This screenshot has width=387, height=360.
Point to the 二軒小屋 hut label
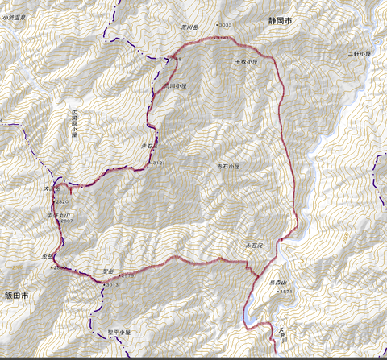pos(359,53)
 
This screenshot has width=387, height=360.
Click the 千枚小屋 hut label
pos(247,60)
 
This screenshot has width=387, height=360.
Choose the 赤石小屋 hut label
pos(229,166)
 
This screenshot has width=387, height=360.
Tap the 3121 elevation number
pos(159,162)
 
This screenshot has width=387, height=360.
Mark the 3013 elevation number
pos(111,284)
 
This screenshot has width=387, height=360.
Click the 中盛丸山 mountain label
pos(59,213)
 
